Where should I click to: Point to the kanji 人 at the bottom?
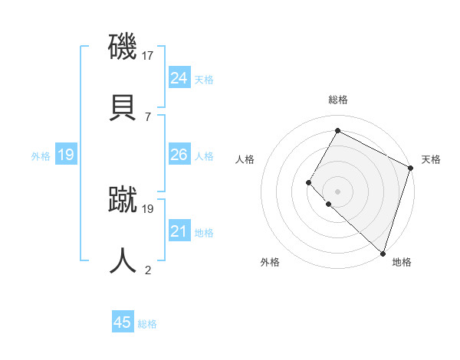click(123, 260)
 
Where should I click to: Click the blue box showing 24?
click(179, 78)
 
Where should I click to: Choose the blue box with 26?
click(179, 155)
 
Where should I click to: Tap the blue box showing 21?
click(179, 231)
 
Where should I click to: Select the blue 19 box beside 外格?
click(65, 155)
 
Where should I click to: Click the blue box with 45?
click(123, 322)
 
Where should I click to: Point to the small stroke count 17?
click(149, 55)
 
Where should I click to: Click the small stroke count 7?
click(147, 116)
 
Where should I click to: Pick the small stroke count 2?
click(147, 270)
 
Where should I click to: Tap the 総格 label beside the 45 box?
click(148, 324)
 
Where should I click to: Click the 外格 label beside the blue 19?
click(41, 156)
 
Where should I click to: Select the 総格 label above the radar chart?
click(337, 100)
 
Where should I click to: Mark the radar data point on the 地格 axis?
click(383, 253)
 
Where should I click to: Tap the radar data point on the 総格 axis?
click(337, 131)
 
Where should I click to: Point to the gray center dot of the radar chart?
click(337, 191)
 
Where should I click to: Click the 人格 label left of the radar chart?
click(245, 159)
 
